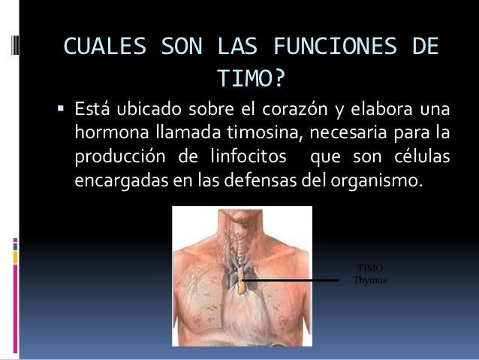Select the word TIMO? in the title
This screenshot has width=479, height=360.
[250, 78]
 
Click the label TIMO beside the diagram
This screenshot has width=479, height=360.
[369, 268]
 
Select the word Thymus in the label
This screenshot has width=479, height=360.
[369, 280]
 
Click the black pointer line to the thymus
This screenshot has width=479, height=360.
[293, 280]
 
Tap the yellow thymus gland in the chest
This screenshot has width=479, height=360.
[241, 283]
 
